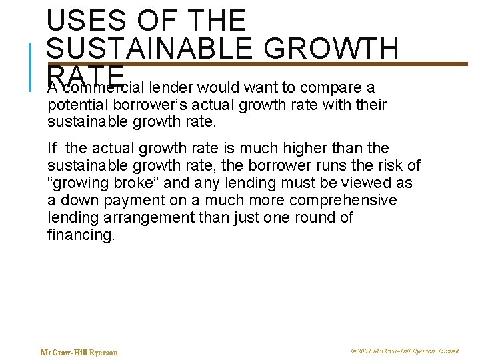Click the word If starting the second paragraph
53,148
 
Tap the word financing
81,235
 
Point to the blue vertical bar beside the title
32,67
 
